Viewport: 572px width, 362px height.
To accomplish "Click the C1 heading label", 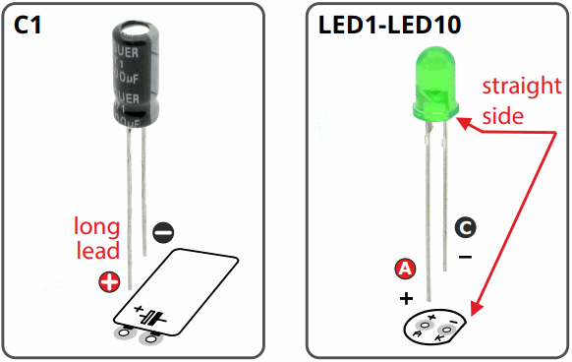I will pyautogui.click(x=30, y=28).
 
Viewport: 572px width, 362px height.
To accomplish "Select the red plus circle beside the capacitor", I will pyautogui.click(x=109, y=283).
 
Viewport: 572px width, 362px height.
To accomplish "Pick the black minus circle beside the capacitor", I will pyautogui.click(x=164, y=232).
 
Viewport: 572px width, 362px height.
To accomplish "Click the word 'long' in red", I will pyautogui.click(x=98, y=227).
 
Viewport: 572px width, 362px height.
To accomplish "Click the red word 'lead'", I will pyautogui.click(x=98, y=252).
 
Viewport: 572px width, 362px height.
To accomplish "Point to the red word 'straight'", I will pyautogui.click(x=520, y=87).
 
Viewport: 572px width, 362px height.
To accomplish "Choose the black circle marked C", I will pyautogui.click(x=466, y=228).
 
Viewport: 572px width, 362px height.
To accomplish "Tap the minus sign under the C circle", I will pyautogui.click(x=465, y=258).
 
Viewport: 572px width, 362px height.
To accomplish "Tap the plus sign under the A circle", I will pyautogui.click(x=403, y=296).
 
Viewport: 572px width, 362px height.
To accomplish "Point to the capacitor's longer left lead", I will pyautogui.click(x=127, y=207).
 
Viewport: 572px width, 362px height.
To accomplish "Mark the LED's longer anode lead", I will pyautogui.click(x=427, y=216).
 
